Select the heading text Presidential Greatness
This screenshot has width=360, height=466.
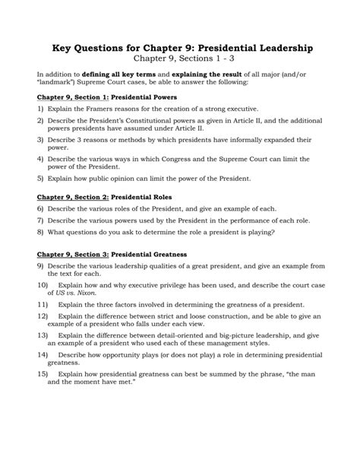point(149,253)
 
